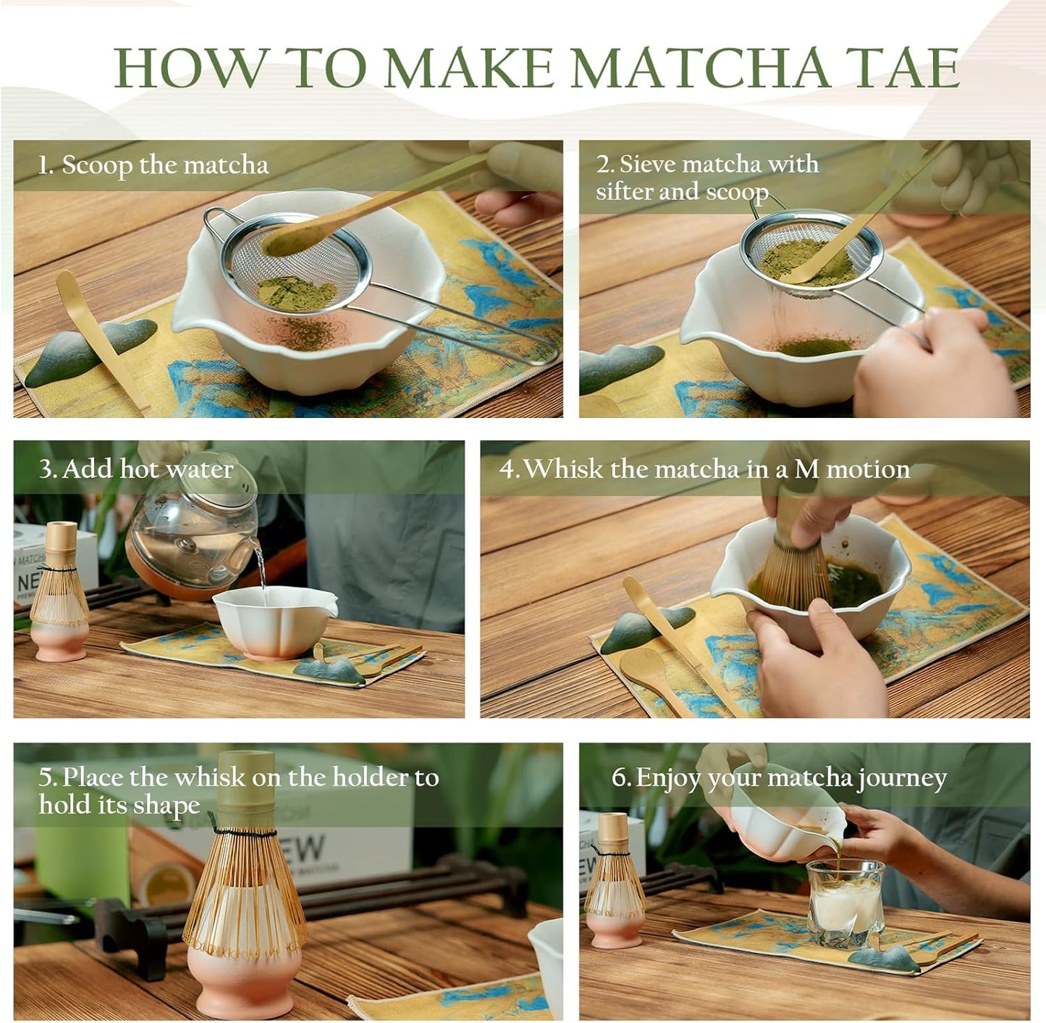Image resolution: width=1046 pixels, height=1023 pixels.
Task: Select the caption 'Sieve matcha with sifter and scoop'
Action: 706,178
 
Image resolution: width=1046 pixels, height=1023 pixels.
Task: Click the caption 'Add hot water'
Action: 136,469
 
